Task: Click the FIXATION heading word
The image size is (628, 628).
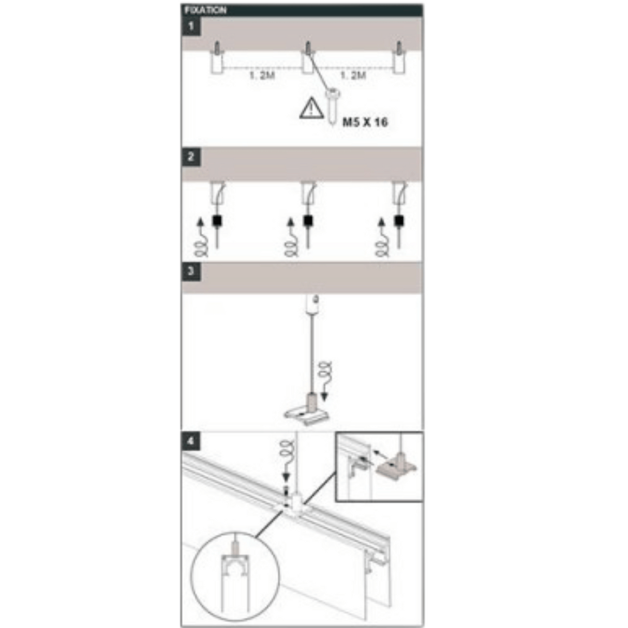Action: tap(206, 10)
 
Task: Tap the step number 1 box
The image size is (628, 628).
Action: tap(191, 26)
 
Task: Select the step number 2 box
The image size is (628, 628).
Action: tap(191, 156)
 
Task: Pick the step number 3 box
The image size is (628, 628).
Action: tap(191, 271)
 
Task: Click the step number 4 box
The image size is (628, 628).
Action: tap(191, 441)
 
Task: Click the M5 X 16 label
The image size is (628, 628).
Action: tap(365, 122)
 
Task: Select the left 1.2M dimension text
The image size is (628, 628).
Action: tap(262, 76)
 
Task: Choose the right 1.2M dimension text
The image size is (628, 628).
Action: tap(353, 76)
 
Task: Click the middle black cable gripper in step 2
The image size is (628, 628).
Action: tap(308, 222)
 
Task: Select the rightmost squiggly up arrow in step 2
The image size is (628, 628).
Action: tap(383, 238)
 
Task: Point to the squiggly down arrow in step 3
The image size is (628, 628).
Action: tap(325, 381)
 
